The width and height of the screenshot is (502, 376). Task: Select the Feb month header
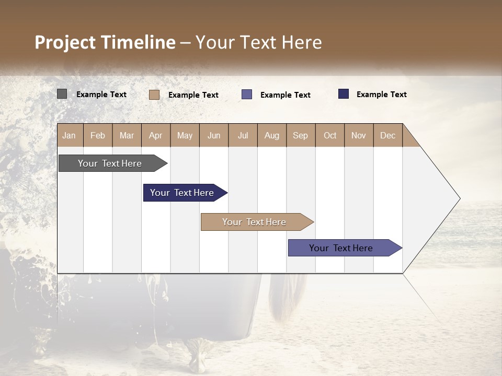[x=98, y=135]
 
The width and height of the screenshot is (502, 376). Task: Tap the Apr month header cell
[x=156, y=135]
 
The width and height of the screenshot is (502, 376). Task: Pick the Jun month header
[x=214, y=135]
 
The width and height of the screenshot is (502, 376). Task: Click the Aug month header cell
[x=272, y=135]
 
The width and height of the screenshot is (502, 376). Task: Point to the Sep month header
[x=301, y=135]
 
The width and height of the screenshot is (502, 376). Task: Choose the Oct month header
[x=330, y=135]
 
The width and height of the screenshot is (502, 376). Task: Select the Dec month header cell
[x=388, y=135]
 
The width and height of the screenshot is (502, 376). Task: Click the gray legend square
[x=62, y=94]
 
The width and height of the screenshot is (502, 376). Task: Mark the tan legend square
[x=154, y=95]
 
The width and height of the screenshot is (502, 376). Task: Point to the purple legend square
[x=247, y=95]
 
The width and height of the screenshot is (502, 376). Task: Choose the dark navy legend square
[x=344, y=94]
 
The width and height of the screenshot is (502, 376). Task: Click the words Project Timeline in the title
[x=105, y=42]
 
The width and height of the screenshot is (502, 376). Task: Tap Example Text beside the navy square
[x=381, y=95]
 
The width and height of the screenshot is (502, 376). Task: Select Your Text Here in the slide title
[x=259, y=42]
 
